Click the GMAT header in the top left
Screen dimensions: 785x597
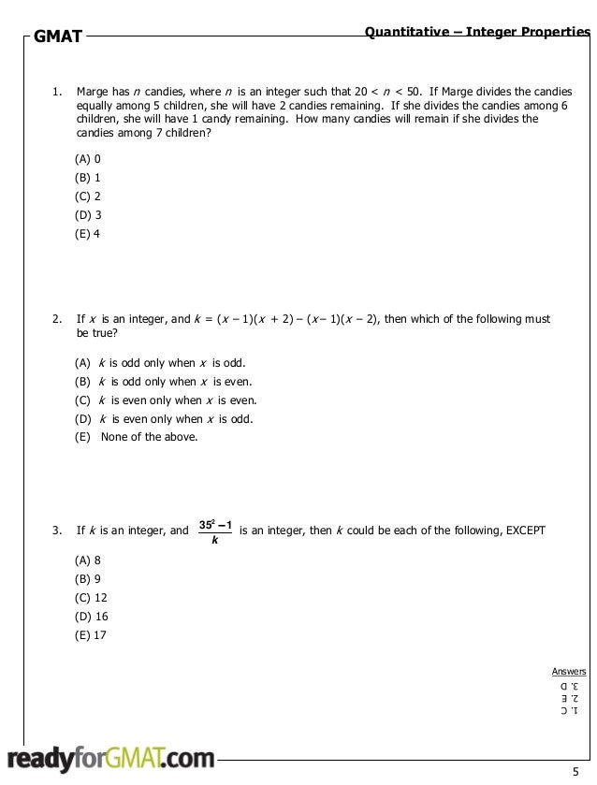coord(58,38)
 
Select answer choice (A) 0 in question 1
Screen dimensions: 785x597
coord(88,159)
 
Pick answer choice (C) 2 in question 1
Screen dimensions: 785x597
coord(88,196)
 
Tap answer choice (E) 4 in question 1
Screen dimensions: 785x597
coord(88,233)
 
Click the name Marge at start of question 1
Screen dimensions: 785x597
coord(92,93)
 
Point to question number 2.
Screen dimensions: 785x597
coord(56,319)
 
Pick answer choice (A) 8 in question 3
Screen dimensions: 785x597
coord(88,560)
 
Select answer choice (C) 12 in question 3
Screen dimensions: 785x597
coord(91,597)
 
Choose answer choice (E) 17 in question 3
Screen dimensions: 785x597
coord(91,634)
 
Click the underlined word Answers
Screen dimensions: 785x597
coord(569,671)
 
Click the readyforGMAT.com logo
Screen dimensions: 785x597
coord(111,758)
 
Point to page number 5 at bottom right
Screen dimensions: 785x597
coord(575,771)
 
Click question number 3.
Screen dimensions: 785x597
coord(56,531)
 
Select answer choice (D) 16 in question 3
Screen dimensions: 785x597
coord(91,616)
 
